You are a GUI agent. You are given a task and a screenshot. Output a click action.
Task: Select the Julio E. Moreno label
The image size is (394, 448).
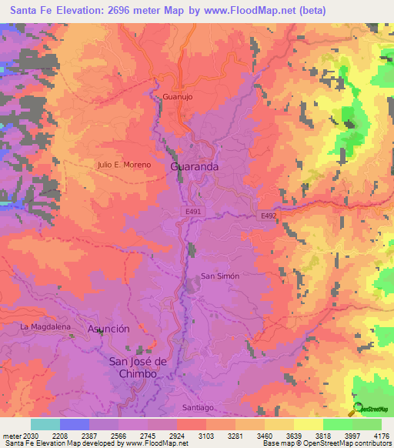point(124,165)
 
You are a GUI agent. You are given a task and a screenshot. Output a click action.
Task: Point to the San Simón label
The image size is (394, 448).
point(220,276)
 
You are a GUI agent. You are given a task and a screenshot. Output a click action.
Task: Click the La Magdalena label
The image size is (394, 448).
point(45,327)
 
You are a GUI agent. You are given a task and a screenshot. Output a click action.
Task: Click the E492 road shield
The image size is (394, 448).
point(268,216)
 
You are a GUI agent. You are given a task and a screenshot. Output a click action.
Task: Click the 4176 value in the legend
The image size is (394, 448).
point(382,434)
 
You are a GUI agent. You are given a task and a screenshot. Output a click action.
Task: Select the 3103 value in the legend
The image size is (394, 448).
point(206,434)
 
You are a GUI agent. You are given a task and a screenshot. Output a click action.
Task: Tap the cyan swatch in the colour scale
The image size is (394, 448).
point(45,424)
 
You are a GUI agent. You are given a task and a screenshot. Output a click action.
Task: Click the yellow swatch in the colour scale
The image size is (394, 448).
point(308,424)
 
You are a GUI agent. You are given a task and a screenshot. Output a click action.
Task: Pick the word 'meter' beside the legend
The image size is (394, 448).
point(11,434)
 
